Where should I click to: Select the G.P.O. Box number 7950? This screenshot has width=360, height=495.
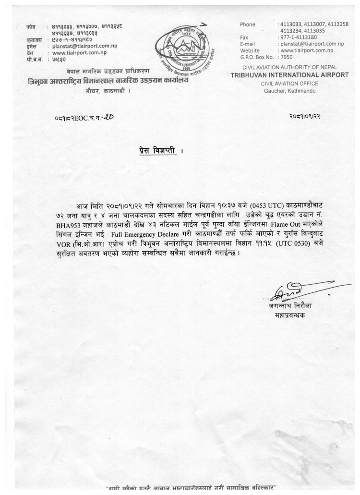pos(287,57)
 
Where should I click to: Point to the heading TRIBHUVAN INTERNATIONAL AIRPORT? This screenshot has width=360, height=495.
pos(289,75)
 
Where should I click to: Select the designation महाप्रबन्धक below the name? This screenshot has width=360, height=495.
pos(287,315)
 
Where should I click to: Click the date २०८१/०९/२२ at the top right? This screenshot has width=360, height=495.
pos(305,117)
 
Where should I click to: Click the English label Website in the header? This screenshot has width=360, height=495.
pos(250,50)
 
